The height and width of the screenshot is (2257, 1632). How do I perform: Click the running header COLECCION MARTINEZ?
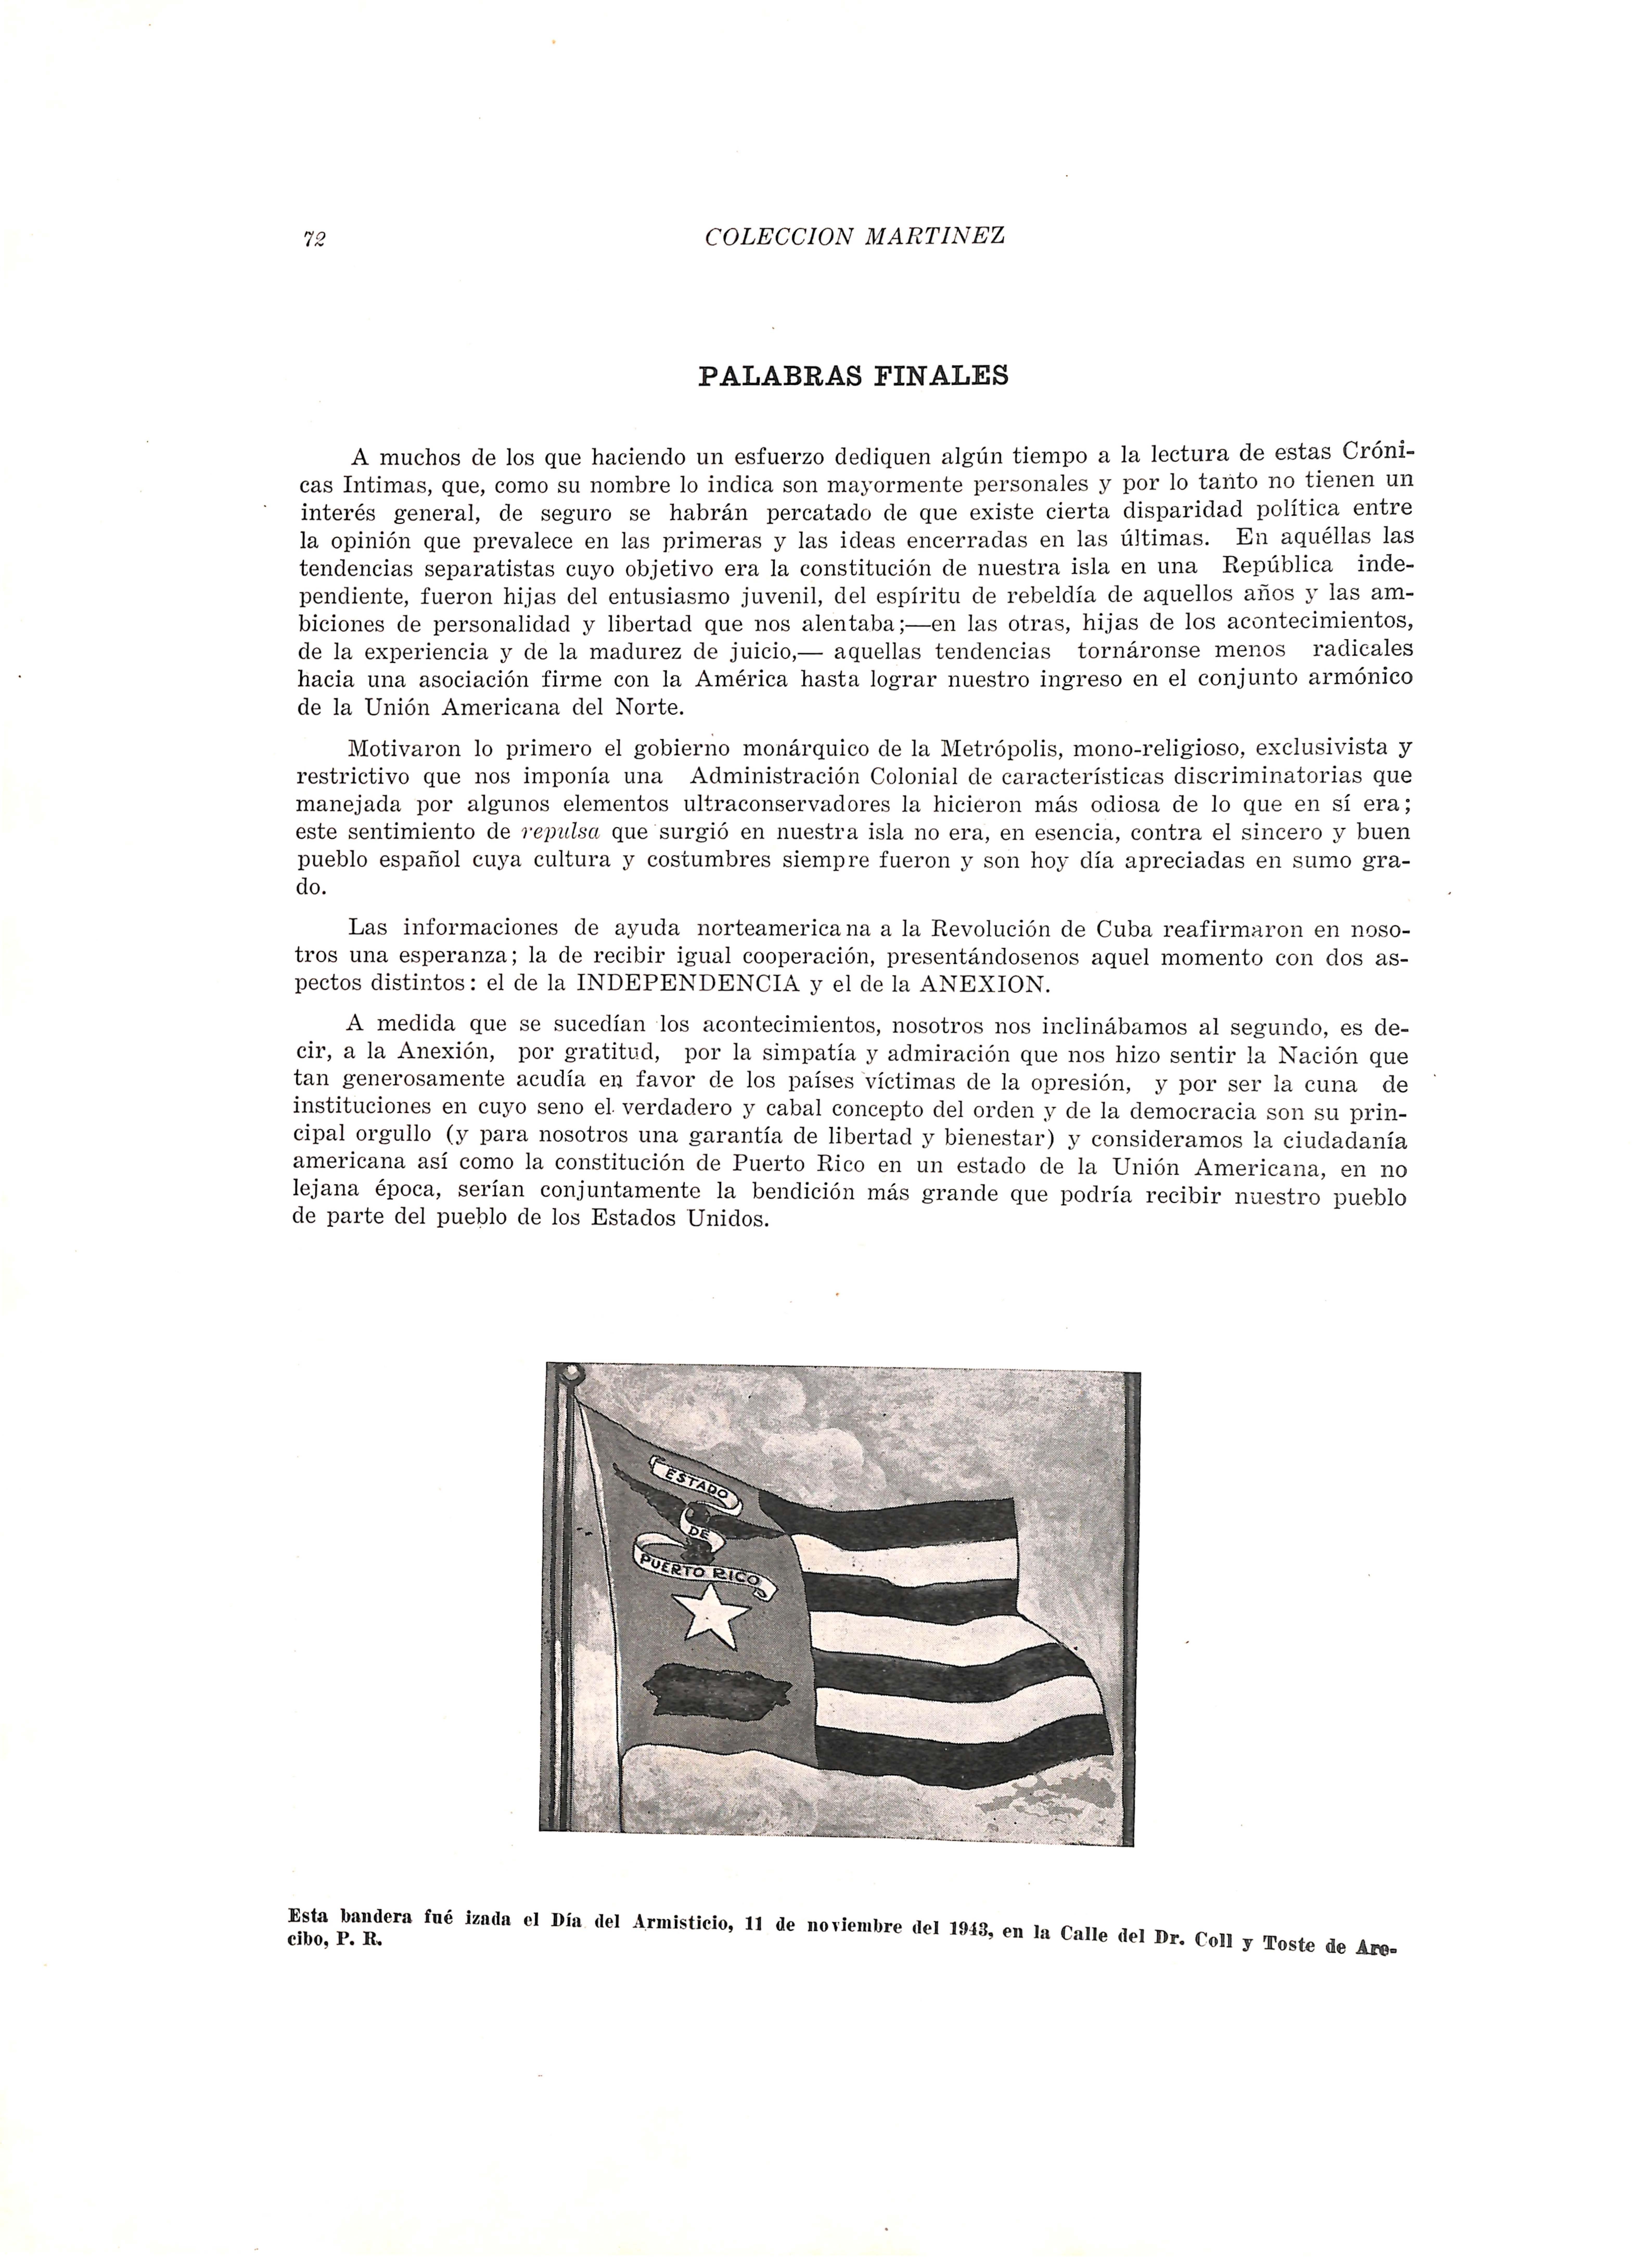854,237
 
